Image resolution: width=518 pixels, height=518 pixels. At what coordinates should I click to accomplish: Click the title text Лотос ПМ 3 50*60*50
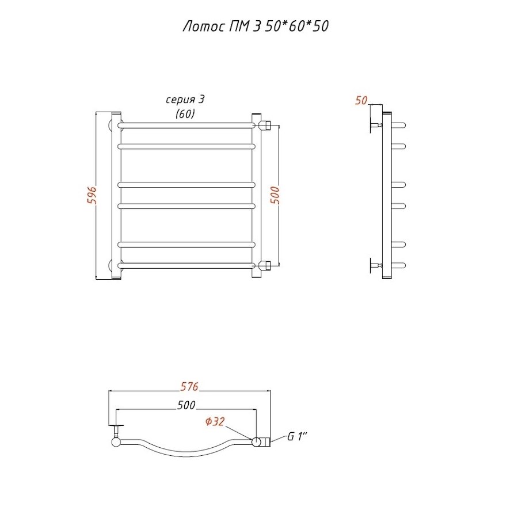256,26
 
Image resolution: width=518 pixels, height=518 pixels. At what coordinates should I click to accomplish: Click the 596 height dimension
92,195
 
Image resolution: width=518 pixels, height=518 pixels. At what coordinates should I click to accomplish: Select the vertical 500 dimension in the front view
275,195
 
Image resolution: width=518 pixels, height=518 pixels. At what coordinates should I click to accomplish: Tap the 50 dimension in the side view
361,100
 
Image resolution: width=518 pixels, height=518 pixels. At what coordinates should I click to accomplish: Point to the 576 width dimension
189,386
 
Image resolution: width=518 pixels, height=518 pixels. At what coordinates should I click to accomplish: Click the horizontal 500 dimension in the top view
186,405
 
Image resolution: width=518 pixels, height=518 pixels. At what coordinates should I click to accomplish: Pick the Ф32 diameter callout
215,421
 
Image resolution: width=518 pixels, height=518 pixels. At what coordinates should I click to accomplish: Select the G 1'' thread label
297,436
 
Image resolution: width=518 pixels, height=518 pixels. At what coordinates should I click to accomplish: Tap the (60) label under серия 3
185,113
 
